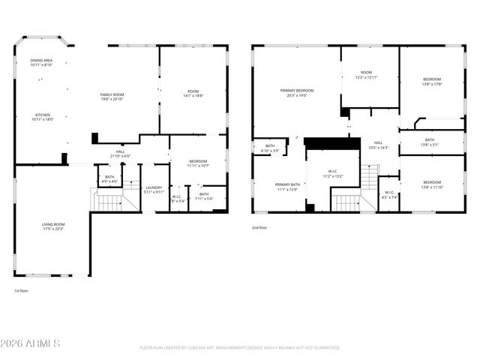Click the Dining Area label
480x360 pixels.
41,62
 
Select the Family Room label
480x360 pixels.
112,96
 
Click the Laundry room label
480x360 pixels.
154,190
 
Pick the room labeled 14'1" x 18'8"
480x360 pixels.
193,94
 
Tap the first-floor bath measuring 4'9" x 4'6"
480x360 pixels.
109,179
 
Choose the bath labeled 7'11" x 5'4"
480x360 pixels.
204,196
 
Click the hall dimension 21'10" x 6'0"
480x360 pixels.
120,154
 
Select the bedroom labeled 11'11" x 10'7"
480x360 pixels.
199,163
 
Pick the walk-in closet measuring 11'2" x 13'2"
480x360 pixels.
332,174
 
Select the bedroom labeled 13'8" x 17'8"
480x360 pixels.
431,82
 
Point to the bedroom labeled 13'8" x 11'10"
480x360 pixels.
431,184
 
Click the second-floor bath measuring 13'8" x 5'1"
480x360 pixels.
430,142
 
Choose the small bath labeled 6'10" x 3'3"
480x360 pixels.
270,148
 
